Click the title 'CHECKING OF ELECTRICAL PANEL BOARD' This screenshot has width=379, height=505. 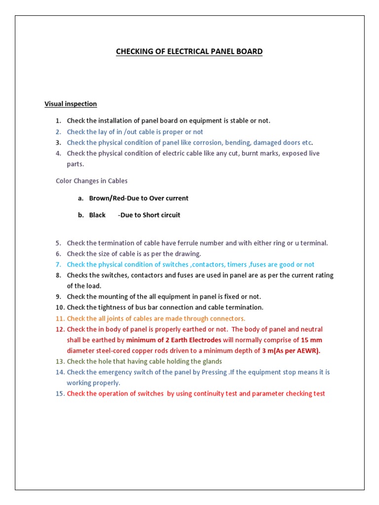[x=189, y=51]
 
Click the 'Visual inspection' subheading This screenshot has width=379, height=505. [x=71, y=104]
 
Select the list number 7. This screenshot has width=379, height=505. [x=58, y=264]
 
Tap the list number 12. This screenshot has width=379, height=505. [x=60, y=329]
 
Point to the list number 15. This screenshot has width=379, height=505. [x=60, y=394]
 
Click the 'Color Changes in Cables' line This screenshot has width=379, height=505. [x=91, y=181]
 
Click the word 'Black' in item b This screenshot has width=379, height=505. [x=97, y=215]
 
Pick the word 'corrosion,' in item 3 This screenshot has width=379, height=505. [x=207, y=143]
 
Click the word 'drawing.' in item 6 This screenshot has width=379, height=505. [x=189, y=253]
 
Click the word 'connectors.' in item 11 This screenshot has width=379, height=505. [x=228, y=318]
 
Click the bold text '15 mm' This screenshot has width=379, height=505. [x=311, y=340]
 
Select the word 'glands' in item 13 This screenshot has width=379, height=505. [x=212, y=361]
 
